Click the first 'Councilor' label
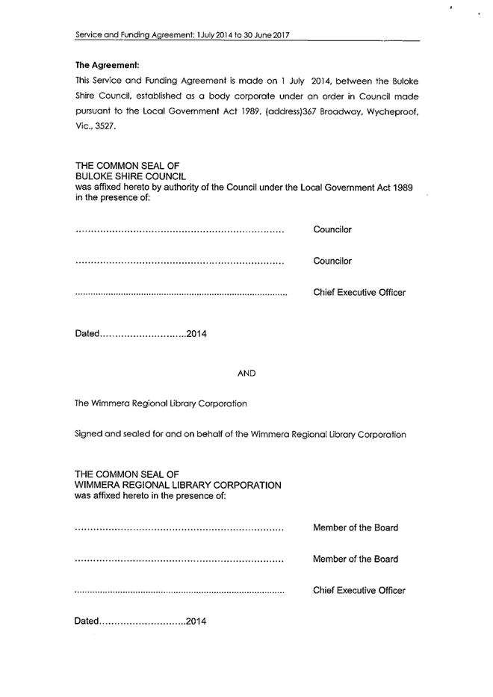pyautogui.click(x=332, y=229)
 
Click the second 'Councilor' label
pyautogui.click(x=332, y=261)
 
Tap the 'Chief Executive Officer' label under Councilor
pyautogui.click(x=359, y=292)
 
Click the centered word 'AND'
pyautogui.click(x=246, y=372)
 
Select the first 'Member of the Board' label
pyautogui.click(x=355, y=527)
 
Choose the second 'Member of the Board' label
pyautogui.click(x=355, y=559)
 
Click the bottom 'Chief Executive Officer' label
pyautogui.click(x=359, y=590)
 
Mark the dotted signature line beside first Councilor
pyautogui.click(x=179, y=232)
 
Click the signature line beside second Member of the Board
pyautogui.click(x=179, y=561)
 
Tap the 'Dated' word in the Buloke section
pyautogui.click(x=87, y=333)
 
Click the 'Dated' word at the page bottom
pyautogui.click(x=87, y=621)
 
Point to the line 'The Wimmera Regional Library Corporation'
pyautogui.click(x=161, y=403)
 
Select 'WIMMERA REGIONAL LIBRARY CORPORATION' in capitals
pyautogui.click(x=178, y=485)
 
